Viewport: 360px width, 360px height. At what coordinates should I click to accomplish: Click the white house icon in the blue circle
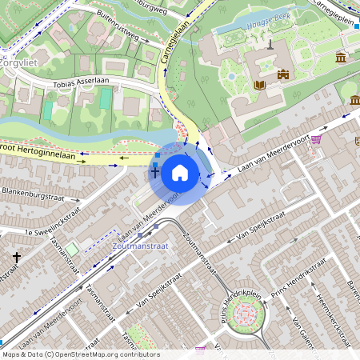180,172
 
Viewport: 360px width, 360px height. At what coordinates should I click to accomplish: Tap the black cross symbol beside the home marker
155,171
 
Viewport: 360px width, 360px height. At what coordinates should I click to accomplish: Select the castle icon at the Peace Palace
282,74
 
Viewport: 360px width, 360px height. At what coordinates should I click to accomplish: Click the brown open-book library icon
259,84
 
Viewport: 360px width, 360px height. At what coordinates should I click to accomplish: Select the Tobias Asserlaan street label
81,83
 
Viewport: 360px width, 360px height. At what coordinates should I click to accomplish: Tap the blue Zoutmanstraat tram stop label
141,246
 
